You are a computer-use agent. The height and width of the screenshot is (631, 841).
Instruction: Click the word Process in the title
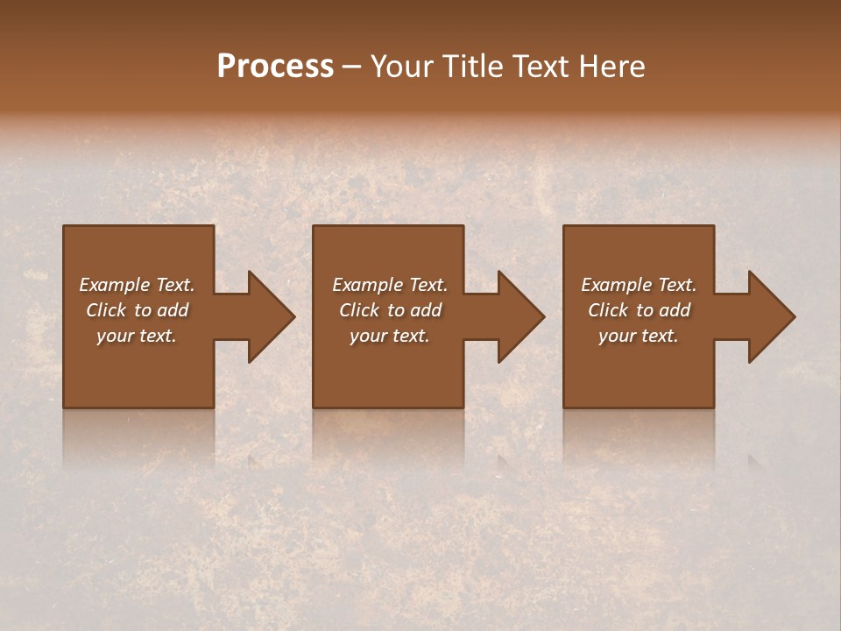pyautogui.click(x=275, y=67)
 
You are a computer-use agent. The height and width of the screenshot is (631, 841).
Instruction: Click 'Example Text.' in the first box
pyautogui.click(x=137, y=285)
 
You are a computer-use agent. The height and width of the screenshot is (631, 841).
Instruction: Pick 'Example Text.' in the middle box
pyautogui.click(x=390, y=285)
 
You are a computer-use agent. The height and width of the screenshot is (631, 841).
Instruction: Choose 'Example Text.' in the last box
pyautogui.click(x=639, y=285)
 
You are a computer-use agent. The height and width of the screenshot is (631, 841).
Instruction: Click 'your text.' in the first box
pyautogui.click(x=137, y=336)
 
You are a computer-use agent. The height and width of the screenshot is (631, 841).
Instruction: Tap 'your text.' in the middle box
pyautogui.click(x=390, y=336)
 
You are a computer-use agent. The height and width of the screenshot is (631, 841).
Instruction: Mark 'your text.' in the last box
pyautogui.click(x=639, y=336)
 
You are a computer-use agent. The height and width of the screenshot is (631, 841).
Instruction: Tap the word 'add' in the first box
pyautogui.click(x=173, y=310)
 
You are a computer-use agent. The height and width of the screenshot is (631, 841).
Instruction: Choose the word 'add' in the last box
pyautogui.click(x=675, y=310)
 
